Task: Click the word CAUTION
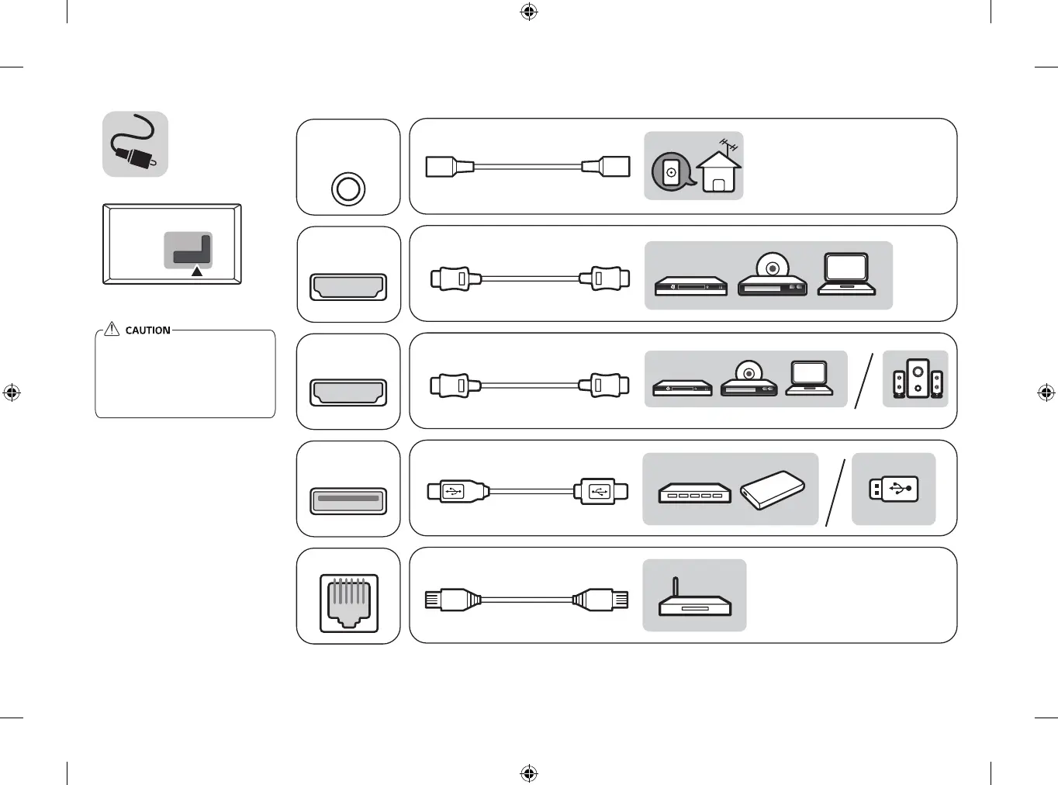coord(147,330)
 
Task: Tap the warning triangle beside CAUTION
coord(112,329)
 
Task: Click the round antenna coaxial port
coord(348,188)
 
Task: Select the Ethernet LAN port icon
coord(349,603)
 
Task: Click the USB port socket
coord(348,500)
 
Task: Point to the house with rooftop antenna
coord(719,171)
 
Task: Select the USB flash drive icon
coord(894,489)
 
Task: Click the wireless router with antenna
coord(694,598)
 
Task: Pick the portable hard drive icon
coord(772,490)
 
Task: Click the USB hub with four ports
coord(694,493)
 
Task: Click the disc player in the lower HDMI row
coord(749,379)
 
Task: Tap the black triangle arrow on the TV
coord(197,271)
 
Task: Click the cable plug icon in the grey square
coord(136,144)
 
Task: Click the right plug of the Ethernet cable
coord(600,599)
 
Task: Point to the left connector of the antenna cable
coord(450,167)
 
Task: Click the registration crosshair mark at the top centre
coord(529,12)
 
